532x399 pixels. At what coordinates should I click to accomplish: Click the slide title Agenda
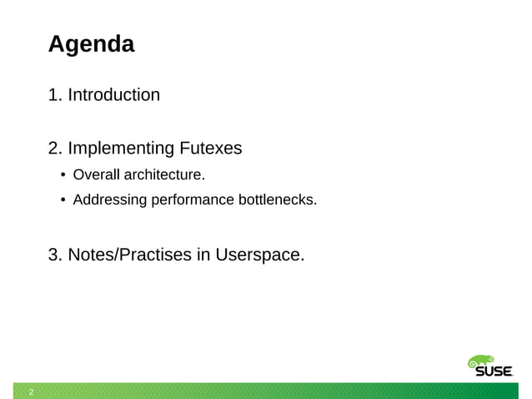tap(91, 44)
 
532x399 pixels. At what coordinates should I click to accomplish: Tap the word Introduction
tap(113, 95)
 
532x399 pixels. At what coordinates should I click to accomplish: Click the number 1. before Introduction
tap(55, 95)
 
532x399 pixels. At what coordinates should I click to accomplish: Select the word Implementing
tap(122, 149)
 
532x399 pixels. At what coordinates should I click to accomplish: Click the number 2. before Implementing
tap(55, 149)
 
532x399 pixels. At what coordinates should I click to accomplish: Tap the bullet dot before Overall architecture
tap(63, 175)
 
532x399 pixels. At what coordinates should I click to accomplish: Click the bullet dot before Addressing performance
tap(63, 201)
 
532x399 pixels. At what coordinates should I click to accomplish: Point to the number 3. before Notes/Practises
tap(55, 255)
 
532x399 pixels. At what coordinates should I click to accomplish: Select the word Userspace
tap(259, 255)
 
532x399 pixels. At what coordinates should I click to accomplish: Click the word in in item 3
tap(203, 255)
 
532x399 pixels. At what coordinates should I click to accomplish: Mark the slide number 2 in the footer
tap(31, 391)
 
